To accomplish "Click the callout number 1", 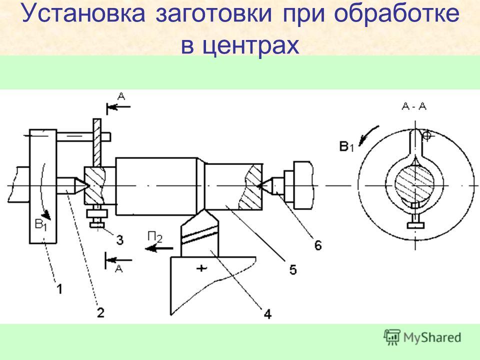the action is click(59, 288).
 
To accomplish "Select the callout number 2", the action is click(100, 312).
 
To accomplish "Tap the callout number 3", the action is click(119, 239).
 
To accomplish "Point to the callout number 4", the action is click(267, 314).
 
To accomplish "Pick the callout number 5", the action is click(293, 269).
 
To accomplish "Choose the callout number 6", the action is click(318, 245).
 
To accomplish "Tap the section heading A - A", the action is click(414, 106).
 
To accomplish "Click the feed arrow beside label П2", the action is click(159, 248).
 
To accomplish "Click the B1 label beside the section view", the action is click(346, 146).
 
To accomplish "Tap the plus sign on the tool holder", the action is click(201, 268).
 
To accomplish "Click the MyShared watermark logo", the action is click(422, 337).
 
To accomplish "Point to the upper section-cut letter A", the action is click(121, 97).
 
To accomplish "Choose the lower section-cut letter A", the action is click(119, 269).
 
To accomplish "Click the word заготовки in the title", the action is click(214, 13).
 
